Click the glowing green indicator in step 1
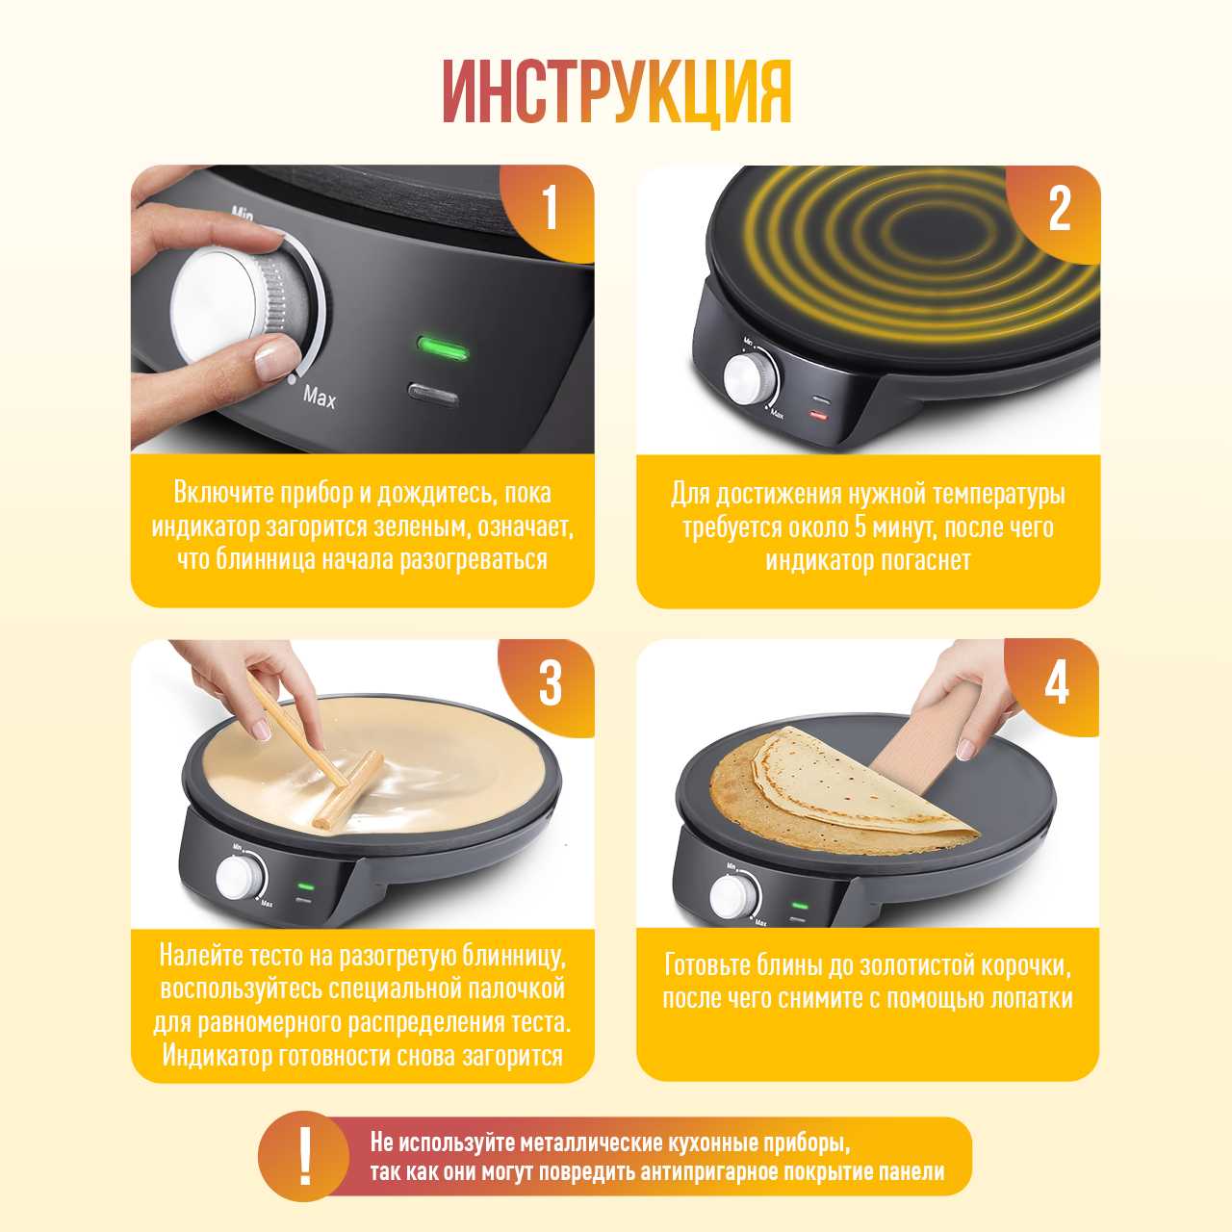pos(443,348)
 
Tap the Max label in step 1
pos(319,397)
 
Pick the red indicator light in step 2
pos(819,416)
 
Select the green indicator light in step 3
pos(306,886)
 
